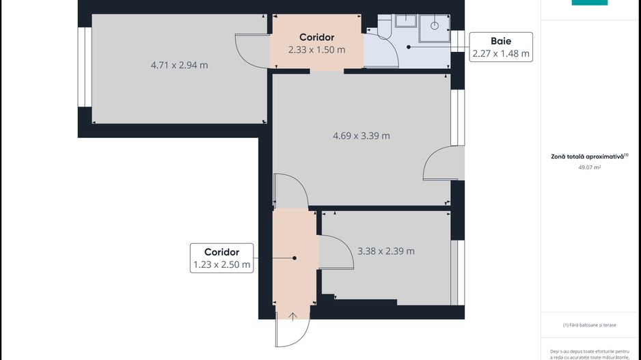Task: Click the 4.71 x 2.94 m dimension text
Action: click(179, 66)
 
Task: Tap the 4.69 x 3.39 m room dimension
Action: click(361, 136)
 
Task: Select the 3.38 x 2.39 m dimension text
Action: click(385, 251)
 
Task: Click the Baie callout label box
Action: click(501, 47)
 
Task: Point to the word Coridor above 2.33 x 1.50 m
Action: click(316, 37)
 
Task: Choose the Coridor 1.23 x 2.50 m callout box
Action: click(221, 258)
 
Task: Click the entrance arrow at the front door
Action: click(293, 316)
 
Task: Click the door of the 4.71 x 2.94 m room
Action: click(251, 51)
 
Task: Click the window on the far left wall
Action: click(85, 67)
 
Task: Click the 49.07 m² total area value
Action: click(589, 167)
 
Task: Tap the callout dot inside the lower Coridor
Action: click(295, 258)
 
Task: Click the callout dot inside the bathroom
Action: click(409, 47)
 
